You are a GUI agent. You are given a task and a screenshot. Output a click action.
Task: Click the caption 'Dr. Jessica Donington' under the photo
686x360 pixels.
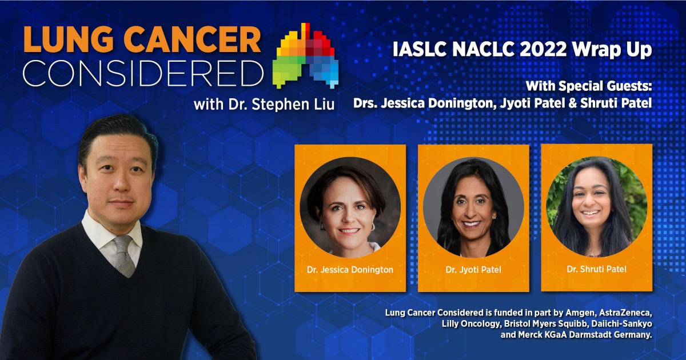(350, 270)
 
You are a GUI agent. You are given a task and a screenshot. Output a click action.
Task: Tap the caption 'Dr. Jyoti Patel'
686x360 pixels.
(473, 270)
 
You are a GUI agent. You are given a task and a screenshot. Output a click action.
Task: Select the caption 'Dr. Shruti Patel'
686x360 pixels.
(596, 269)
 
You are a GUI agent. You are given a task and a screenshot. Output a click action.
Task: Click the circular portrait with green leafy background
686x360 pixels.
(596, 206)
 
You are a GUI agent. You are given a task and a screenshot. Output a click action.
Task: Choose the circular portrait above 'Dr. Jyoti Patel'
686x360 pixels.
(473, 207)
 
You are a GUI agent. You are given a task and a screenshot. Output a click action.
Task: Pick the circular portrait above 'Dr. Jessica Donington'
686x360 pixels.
(350, 207)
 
